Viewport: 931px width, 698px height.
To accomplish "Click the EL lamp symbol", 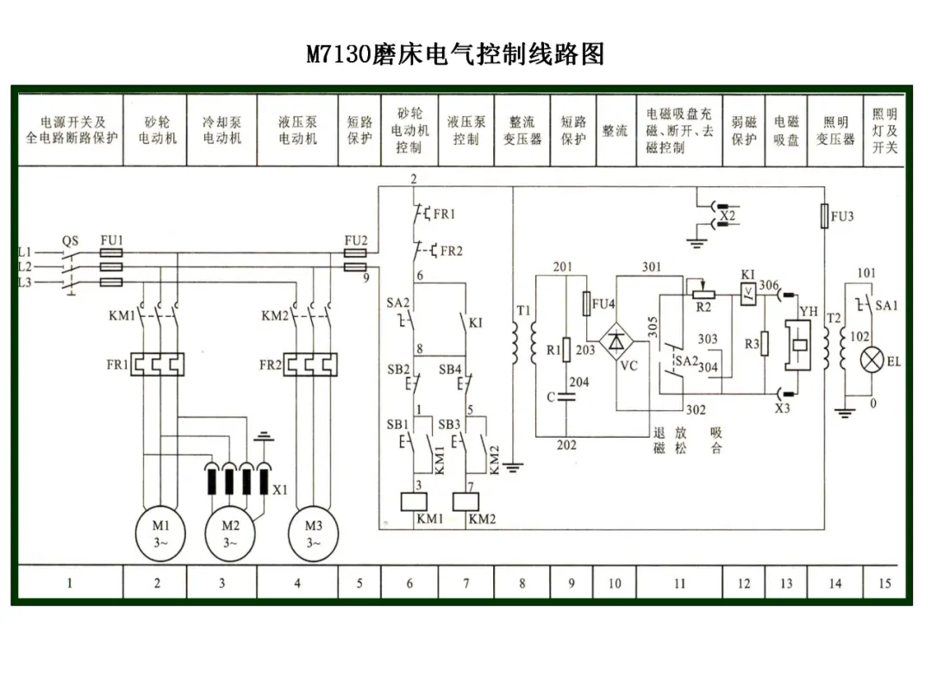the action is point(872,360).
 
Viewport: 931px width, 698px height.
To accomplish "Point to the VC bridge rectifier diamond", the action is point(616,342).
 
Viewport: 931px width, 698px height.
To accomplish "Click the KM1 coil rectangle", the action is point(414,502).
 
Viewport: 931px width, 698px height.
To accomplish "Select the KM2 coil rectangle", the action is point(465,502).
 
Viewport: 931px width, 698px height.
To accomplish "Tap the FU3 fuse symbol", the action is point(824,216).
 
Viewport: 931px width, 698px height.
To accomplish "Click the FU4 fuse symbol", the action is point(587,303).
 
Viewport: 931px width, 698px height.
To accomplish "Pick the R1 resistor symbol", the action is point(566,350).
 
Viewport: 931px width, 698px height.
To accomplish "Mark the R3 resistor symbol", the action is point(765,344).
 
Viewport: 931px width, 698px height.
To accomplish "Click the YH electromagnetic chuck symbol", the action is point(798,345).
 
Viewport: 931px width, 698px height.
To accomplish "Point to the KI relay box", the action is point(748,294).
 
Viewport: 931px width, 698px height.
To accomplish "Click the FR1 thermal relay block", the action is point(158,365).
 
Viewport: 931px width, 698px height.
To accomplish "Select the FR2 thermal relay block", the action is point(310,365).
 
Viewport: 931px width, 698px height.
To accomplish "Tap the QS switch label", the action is point(70,240).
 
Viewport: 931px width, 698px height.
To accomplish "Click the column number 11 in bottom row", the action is point(679,583).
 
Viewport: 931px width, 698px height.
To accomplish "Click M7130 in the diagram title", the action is point(338,54).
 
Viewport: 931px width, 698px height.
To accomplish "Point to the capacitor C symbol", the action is point(566,396).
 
